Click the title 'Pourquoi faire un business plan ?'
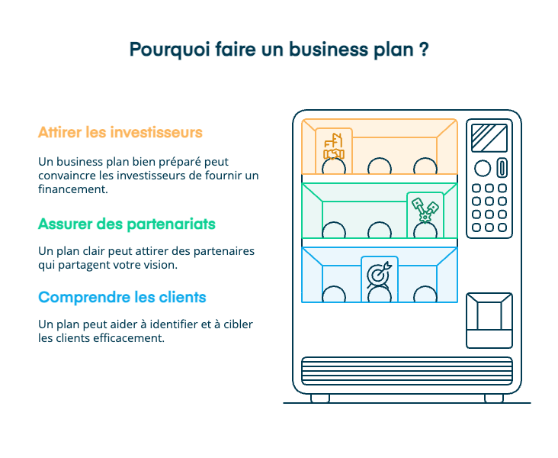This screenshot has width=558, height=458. pyautogui.click(x=278, y=50)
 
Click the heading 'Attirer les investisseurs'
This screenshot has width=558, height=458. pyautogui.click(x=120, y=132)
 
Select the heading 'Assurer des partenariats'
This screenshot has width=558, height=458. pyautogui.click(x=127, y=224)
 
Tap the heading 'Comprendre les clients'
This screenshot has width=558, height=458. pyautogui.click(x=122, y=297)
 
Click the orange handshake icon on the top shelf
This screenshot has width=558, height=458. pyautogui.click(x=334, y=147)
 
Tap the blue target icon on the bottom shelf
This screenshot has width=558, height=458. pyautogui.click(x=379, y=273)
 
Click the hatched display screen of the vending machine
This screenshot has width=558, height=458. pyautogui.click(x=489, y=137)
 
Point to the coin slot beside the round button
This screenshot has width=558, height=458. pyautogui.click(x=502, y=168)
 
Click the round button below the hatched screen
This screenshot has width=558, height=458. pyautogui.click(x=483, y=168)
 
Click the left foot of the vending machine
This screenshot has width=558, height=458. pyautogui.click(x=320, y=398)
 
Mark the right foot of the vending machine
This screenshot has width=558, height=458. pyautogui.click(x=494, y=398)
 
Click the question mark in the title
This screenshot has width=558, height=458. pyautogui.click(x=422, y=50)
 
